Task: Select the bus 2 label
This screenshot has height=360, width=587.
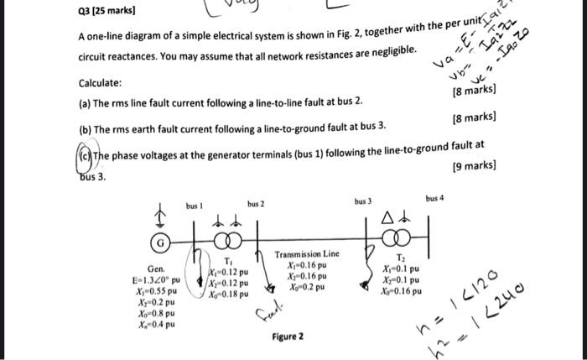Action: (x=256, y=205)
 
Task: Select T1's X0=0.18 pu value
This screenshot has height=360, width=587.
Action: (x=228, y=295)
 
